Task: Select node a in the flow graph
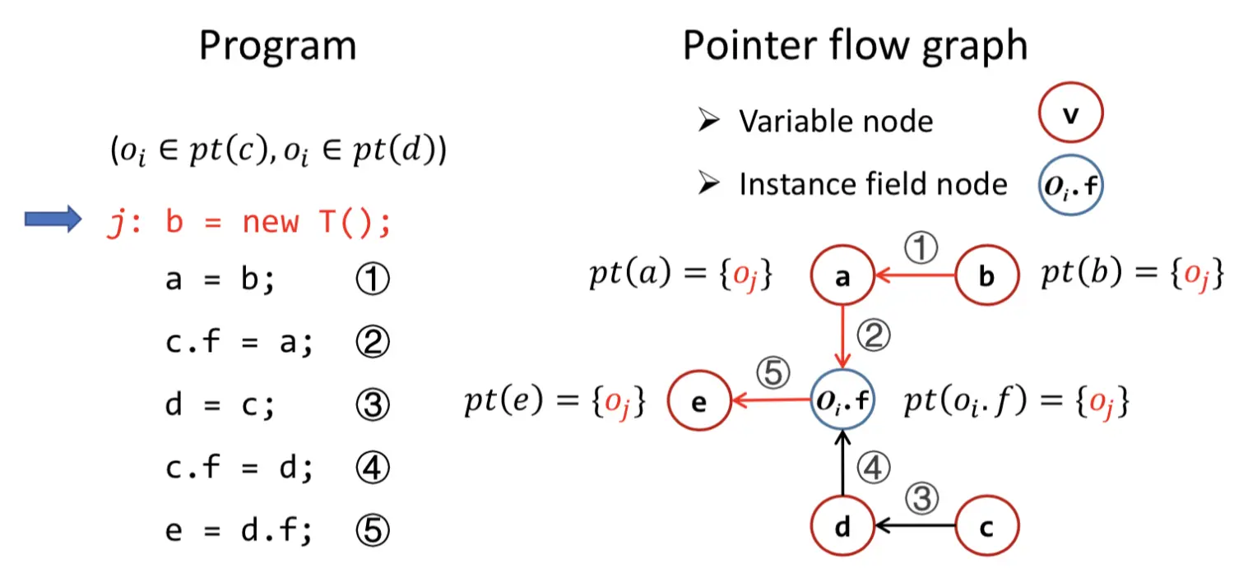click(842, 278)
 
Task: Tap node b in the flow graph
click(986, 278)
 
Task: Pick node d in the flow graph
click(842, 526)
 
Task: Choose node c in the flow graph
click(986, 526)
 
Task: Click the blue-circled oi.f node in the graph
click(842, 402)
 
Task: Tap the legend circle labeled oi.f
click(1069, 184)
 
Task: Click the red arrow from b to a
click(913, 278)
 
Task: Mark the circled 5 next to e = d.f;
click(371, 531)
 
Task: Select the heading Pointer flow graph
click(855, 47)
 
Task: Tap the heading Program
click(277, 47)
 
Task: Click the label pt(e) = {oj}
click(554, 402)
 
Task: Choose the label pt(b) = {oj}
click(1131, 275)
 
